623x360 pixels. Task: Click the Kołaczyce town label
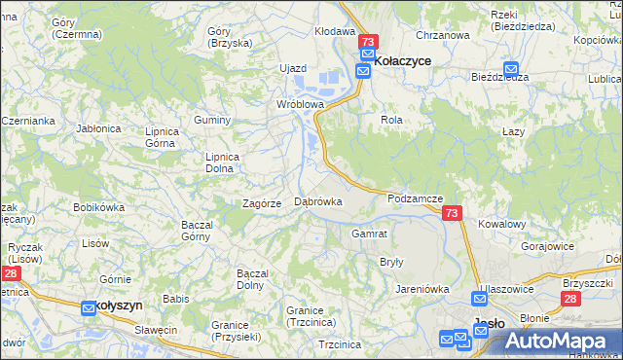403,60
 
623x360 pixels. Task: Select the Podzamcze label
415,198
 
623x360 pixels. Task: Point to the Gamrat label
370,234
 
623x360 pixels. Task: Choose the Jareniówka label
421,288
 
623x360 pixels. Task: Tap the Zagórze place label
262,203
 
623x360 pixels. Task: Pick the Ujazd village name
293,68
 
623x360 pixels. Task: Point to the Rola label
391,120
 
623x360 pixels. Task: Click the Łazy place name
513,131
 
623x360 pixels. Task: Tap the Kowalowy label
502,223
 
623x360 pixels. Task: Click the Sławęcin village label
156,330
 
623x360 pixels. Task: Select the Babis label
175,299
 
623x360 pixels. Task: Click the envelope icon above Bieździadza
511,68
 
